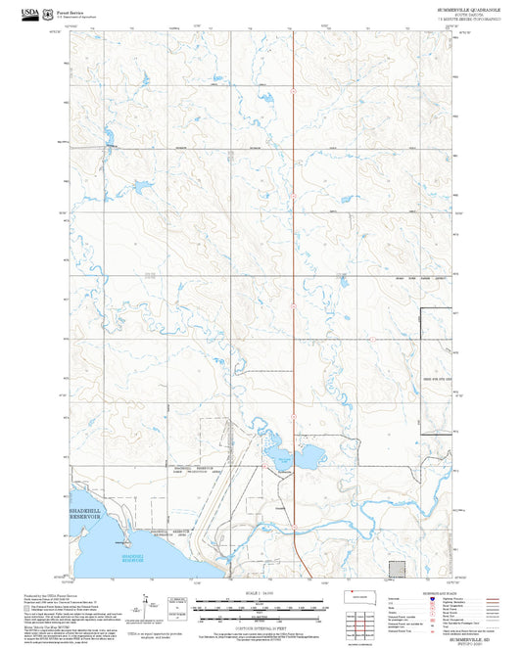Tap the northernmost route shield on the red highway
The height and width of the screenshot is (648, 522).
(x=293, y=89)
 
